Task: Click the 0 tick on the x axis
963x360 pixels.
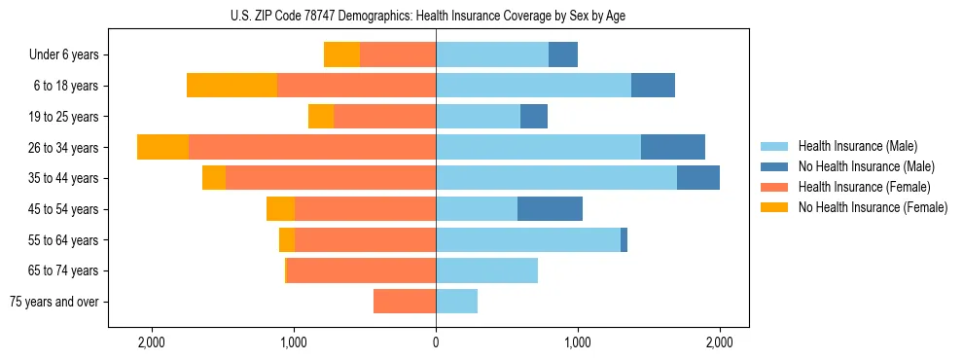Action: tap(436, 342)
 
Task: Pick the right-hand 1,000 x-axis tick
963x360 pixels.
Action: tap(578, 342)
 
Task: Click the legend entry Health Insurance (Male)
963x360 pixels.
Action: tap(857, 146)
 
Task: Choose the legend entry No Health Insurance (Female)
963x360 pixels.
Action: tap(873, 207)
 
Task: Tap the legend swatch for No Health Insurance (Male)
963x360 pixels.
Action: tap(774, 166)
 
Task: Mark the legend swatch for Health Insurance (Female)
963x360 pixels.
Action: tap(774, 187)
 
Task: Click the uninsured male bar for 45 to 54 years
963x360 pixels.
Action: tap(550, 209)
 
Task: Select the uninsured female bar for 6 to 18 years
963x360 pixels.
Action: tap(232, 86)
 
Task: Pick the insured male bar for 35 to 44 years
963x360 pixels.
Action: tap(556, 178)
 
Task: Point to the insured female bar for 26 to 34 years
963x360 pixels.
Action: tap(312, 147)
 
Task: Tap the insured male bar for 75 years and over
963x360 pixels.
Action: tap(456, 302)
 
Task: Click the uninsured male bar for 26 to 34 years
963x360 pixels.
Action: tap(672, 147)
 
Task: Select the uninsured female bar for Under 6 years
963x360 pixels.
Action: tap(341, 54)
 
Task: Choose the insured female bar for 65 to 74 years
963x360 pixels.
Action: tap(361, 270)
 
